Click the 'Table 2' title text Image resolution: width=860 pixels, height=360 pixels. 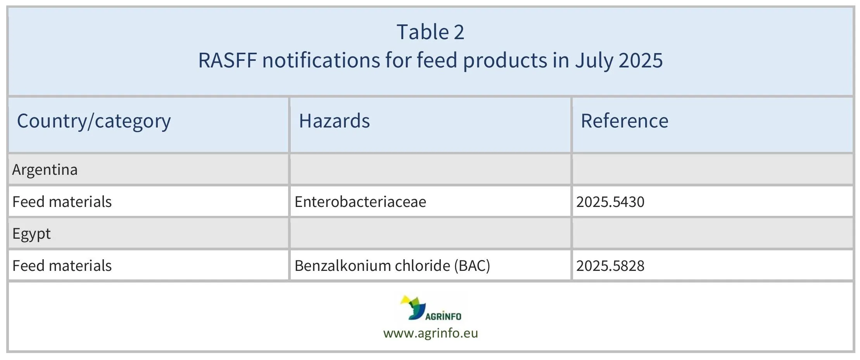coord(430,32)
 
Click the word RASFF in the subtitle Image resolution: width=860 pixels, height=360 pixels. coord(227,60)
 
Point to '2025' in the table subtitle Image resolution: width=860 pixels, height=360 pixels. coord(641,60)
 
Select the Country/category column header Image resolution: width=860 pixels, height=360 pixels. coord(94,121)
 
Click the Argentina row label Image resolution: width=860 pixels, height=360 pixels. coord(45,170)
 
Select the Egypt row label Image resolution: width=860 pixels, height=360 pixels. coord(31,234)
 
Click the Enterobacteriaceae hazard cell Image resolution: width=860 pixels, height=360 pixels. coord(360,202)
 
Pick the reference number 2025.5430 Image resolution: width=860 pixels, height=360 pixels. coord(610,202)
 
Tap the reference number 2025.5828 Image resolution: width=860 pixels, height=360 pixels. coord(610,266)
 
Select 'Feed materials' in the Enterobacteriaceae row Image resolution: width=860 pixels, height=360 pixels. coord(62,202)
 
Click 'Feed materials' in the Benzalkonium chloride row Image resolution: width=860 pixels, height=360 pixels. coord(62,266)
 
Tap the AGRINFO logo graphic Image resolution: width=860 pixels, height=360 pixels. coord(430,308)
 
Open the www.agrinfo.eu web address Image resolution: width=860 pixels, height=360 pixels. coord(430,333)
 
